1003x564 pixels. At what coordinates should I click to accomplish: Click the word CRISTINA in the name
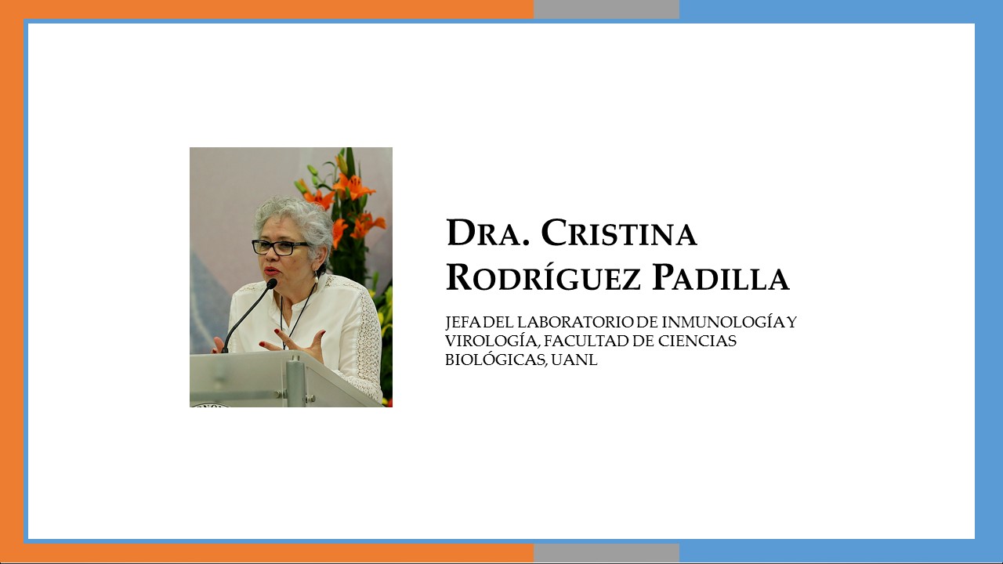pyautogui.click(x=619, y=233)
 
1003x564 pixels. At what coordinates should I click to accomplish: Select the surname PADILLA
pyautogui.click(x=720, y=277)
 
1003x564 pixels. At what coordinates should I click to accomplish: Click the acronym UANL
pyautogui.click(x=574, y=360)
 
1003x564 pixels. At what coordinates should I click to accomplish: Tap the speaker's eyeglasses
pyautogui.click(x=280, y=248)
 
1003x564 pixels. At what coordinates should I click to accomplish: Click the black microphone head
pyautogui.click(x=272, y=284)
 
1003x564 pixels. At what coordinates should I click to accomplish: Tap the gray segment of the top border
pyautogui.click(x=607, y=9)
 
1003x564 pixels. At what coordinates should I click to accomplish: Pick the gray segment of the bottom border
pyautogui.click(x=607, y=553)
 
